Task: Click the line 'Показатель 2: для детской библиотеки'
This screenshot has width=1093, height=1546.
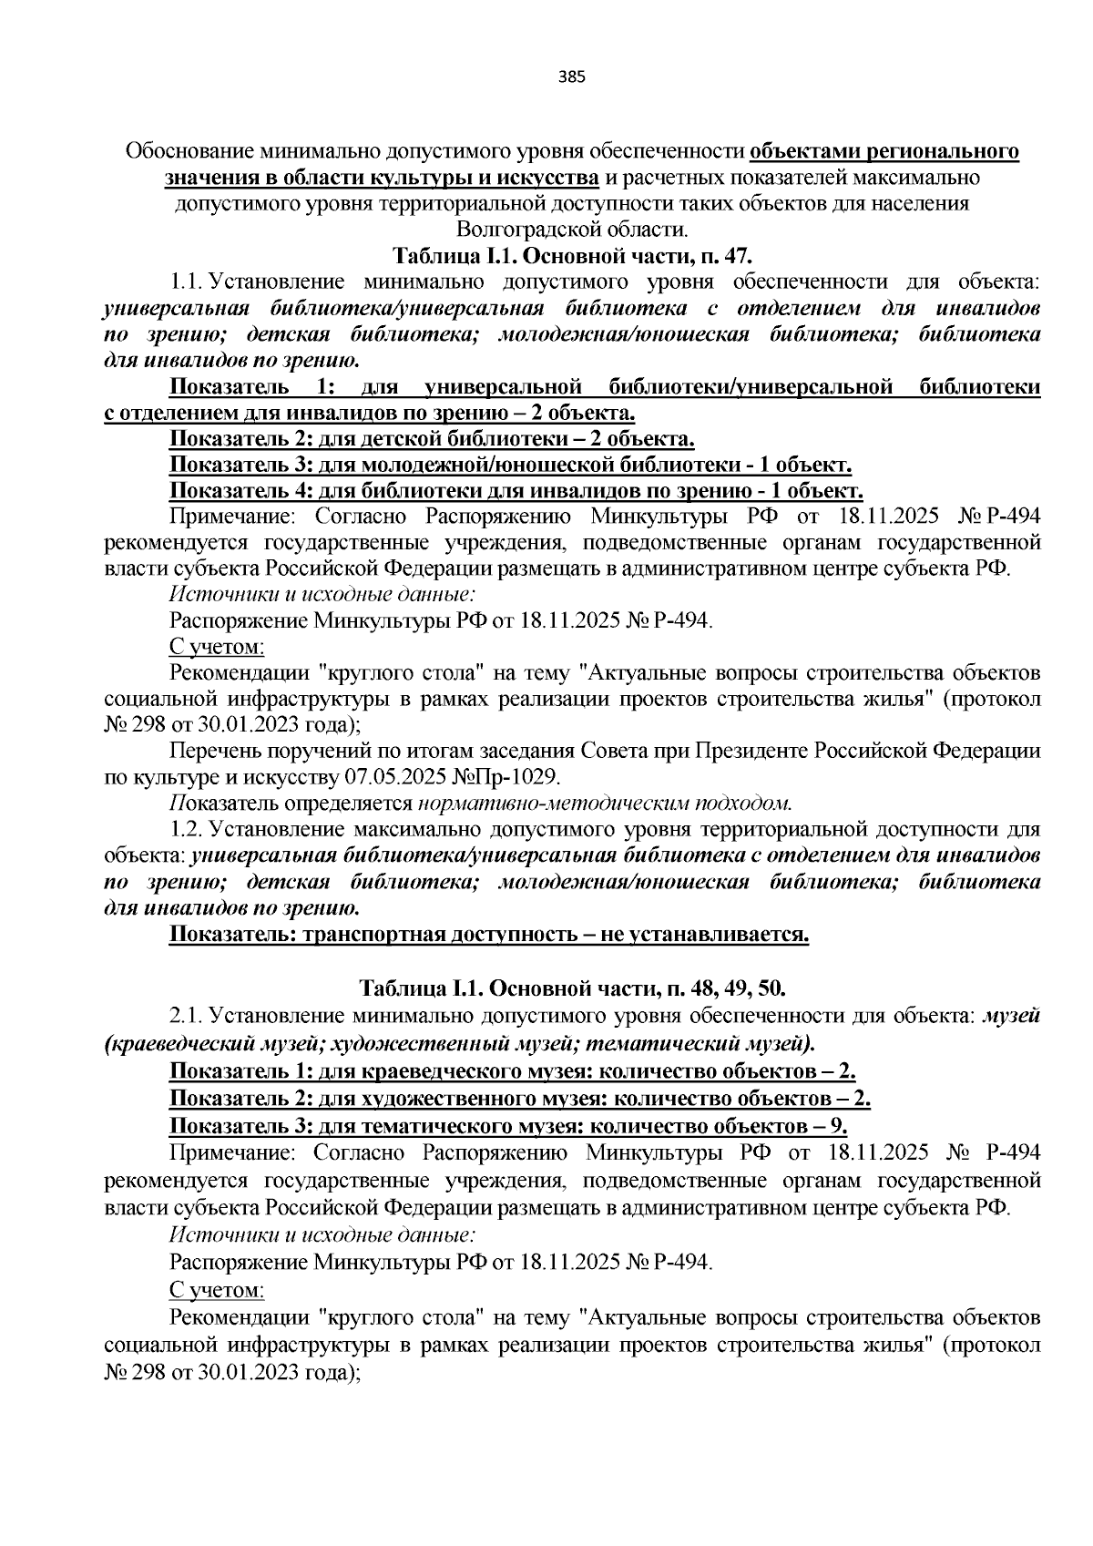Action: (432, 440)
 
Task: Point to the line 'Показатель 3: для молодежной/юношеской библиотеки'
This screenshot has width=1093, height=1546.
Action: (510, 466)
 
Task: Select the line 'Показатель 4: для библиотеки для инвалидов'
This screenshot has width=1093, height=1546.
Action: (516, 493)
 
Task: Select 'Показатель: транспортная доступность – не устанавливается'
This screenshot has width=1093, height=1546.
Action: (489, 936)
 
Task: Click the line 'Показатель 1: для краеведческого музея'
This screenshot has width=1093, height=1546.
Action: (512, 1070)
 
